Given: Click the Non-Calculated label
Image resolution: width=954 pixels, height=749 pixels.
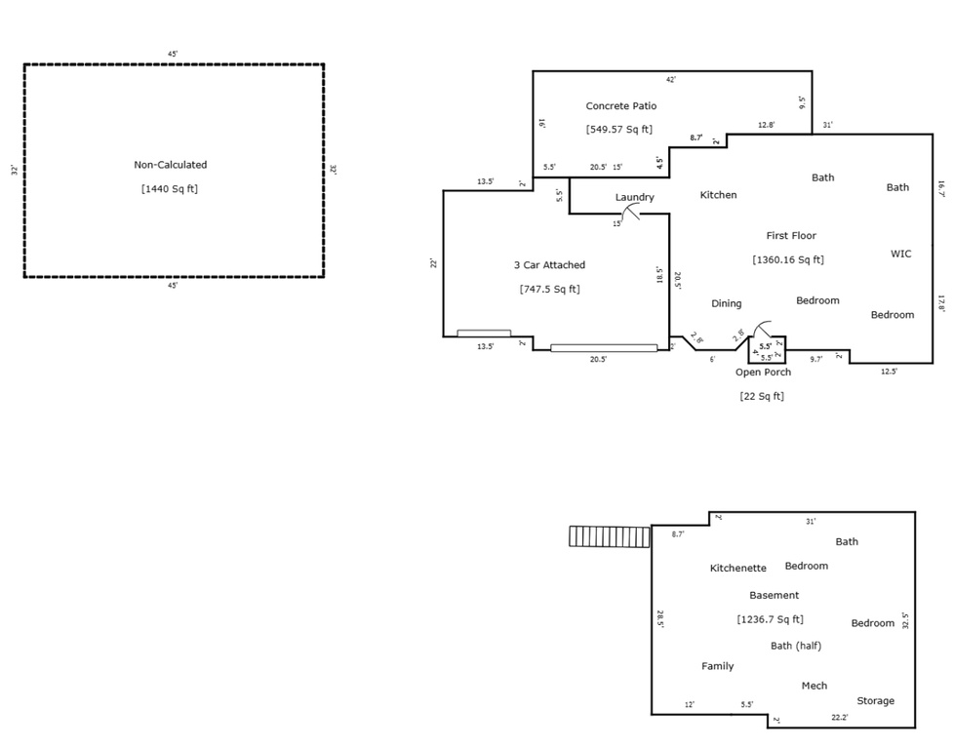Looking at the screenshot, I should tap(171, 165).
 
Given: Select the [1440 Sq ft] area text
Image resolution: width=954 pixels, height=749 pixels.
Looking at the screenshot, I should tap(171, 189).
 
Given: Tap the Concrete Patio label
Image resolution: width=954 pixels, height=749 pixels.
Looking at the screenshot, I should tap(620, 105).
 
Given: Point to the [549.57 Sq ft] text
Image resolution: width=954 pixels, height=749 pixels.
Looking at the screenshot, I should tap(618, 129).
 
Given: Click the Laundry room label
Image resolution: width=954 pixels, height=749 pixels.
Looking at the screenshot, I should tap(634, 197).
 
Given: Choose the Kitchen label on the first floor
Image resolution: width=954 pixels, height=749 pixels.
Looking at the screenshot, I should tap(718, 195).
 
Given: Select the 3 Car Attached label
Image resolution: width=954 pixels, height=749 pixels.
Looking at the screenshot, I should tap(549, 264).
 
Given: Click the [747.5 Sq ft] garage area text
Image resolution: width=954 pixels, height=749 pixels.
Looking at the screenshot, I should tap(549, 289).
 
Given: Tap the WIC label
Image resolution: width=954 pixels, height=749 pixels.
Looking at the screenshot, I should tap(900, 254).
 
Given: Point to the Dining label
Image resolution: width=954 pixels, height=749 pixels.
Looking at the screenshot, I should tap(726, 303).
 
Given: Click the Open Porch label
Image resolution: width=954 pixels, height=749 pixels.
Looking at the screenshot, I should tap(763, 372).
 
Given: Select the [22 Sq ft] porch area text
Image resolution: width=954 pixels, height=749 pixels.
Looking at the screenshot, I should tap(762, 396).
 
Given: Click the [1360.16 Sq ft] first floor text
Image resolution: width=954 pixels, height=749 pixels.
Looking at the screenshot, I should tap(788, 259).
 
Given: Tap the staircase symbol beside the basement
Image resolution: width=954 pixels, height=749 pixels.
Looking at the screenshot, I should tap(610, 536).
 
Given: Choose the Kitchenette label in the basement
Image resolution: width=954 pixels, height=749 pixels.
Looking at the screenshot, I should tap(737, 568).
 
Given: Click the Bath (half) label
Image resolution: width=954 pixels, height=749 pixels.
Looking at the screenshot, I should tap(795, 646).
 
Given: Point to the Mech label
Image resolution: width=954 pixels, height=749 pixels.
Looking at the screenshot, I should tap(814, 686).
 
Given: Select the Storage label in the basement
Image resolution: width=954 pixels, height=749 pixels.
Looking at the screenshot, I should tap(875, 700).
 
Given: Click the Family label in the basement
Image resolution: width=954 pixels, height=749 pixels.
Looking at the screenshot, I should tap(717, 666).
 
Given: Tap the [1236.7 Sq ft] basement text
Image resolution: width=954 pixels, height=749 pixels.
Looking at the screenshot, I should tap(770, 619).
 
